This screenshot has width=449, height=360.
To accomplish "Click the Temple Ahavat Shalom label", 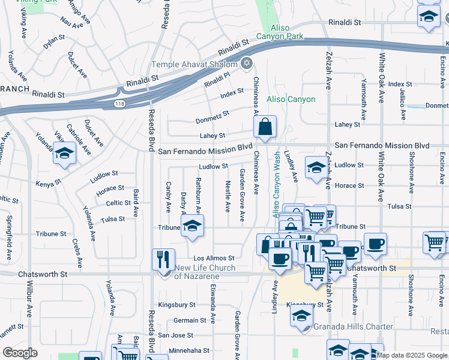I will pyautogui.click(x=194, y=64).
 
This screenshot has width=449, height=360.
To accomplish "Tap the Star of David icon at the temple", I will pyautogui.click(x=246, y=64).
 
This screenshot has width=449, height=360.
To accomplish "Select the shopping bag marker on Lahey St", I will pyautogui.click(x=265, y=127).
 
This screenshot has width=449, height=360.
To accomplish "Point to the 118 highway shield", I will pyautogui.click(x=120, y=104).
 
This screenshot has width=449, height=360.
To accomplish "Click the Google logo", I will pyautogui.click(x=20, y=353).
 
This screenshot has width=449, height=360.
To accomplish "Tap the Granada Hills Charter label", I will pyautogui.click(x=354, y=327).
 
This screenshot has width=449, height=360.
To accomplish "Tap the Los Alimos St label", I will pyautogui.click(x=212, y=257).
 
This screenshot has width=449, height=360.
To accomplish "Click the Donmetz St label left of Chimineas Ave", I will pyautogui.click(x=212, y=116).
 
